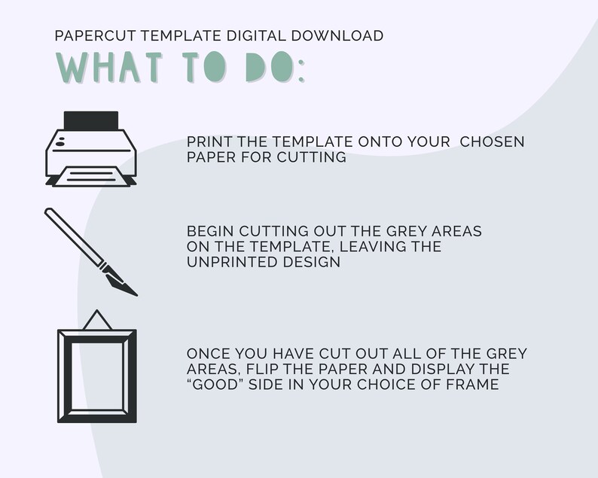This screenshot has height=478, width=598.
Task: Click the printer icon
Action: coord(90,149)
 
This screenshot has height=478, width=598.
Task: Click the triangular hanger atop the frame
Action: coord(96,321)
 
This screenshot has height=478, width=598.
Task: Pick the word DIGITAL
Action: coord(267,35)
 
